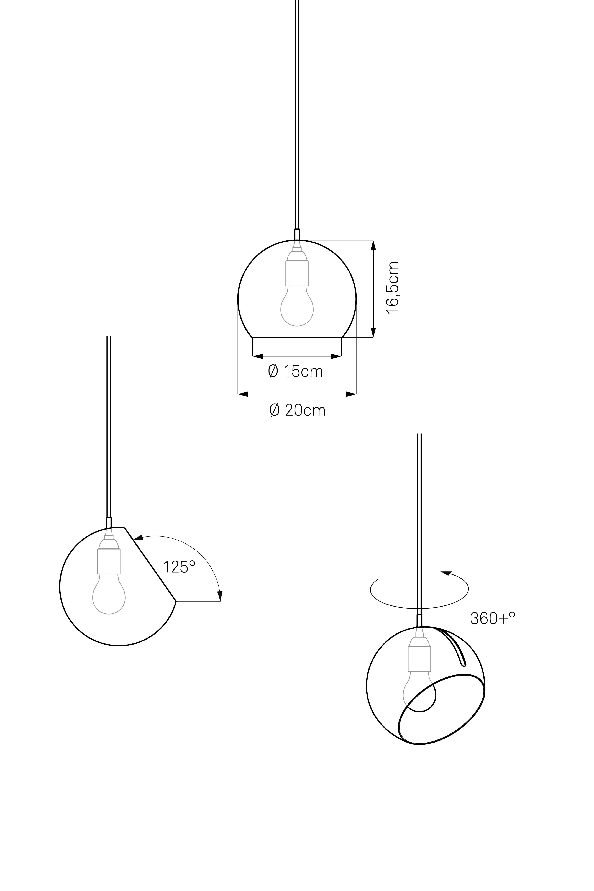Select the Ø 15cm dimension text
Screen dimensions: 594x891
(x=296, y=371)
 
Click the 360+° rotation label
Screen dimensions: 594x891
(x=493, y=618)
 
